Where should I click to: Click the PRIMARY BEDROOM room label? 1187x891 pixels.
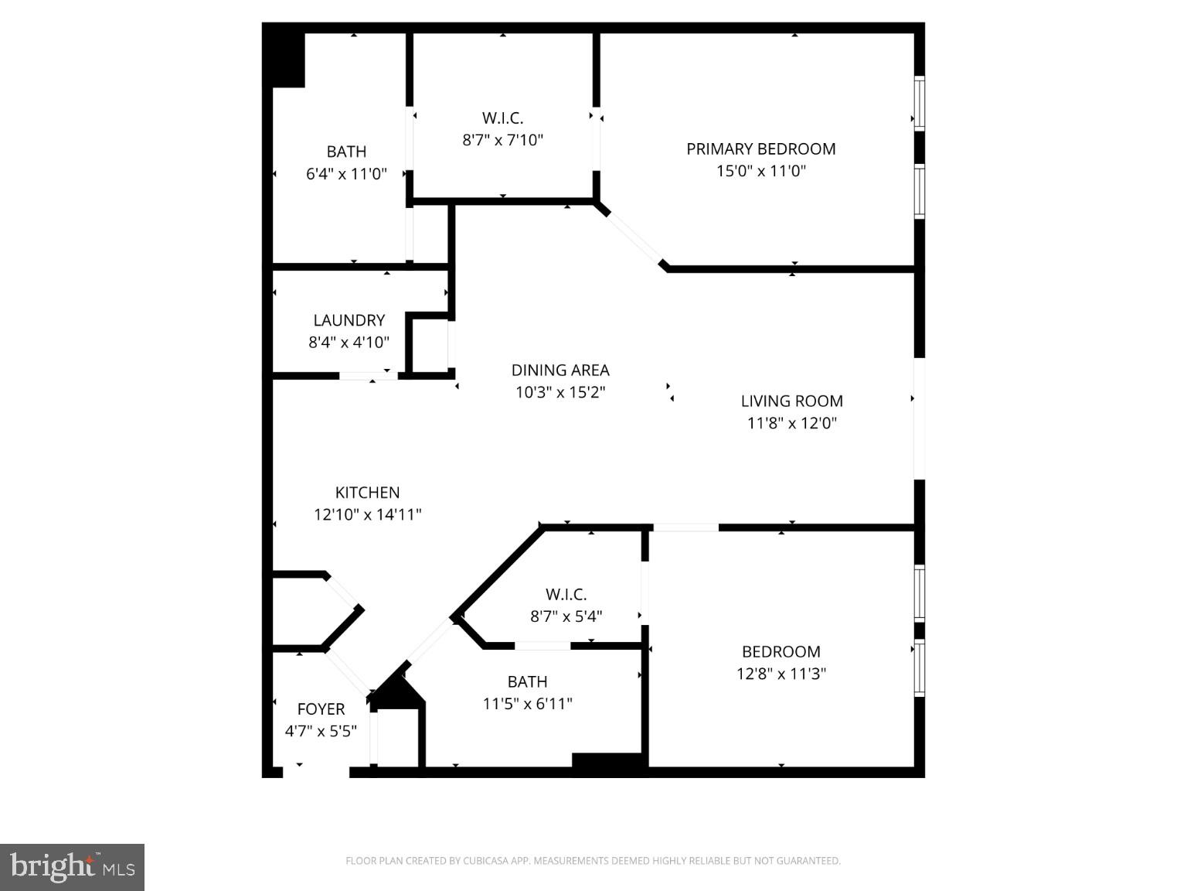760,148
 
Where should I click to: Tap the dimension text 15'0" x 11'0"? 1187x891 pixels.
760,171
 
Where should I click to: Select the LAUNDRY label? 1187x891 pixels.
349,320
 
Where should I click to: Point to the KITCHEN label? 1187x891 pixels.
367,493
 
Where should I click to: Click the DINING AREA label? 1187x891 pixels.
560,370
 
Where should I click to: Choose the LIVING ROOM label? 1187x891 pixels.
791,401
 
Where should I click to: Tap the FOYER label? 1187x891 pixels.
321,709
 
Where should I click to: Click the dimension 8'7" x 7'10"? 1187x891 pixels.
502,140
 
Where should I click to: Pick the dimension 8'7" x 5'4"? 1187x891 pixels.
566,616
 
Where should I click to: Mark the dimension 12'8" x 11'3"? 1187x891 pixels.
781,674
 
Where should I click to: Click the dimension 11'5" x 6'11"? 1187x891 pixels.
527,704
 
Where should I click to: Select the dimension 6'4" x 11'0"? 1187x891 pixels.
346,174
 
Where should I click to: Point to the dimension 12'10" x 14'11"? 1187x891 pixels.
367,514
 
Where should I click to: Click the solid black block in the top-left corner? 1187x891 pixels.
284,59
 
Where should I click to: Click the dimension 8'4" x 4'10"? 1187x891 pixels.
349,342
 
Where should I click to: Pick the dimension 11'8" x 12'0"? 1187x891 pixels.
791,423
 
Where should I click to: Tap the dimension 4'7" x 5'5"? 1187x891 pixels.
321,731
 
